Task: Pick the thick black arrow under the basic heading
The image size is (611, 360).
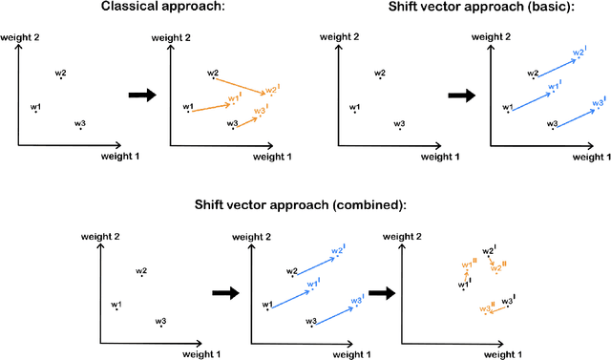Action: click(462, 95)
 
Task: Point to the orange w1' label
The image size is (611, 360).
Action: click(236, 99)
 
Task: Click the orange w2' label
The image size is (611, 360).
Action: click(272, 90)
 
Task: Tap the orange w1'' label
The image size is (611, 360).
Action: click(468, 264)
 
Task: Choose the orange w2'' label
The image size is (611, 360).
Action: click(496, 267)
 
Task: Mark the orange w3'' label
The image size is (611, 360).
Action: click(485, 307)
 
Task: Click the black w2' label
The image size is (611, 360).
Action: click(489, 250)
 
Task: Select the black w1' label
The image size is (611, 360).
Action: click(464, 284)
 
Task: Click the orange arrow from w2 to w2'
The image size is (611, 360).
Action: click(241, 83)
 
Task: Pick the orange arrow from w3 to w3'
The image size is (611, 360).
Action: click(246, 119)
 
